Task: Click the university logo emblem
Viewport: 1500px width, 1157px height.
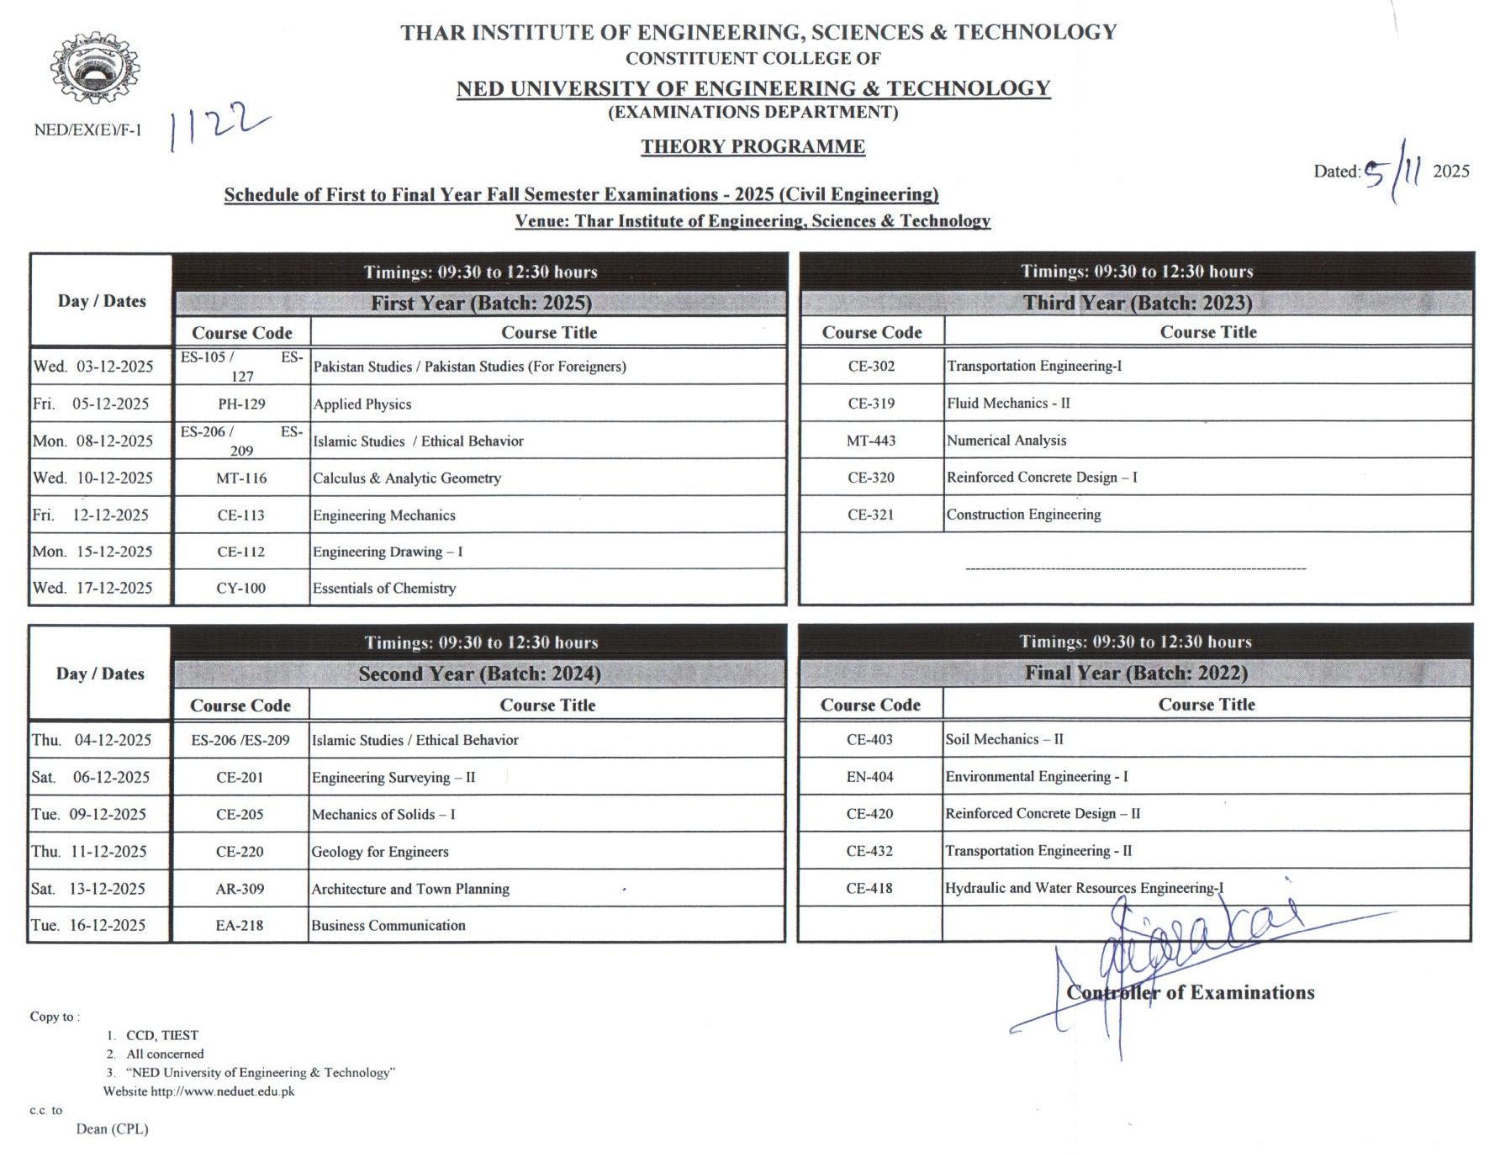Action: click(x=95, y=69)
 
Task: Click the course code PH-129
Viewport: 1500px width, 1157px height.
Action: click(x=241, y=404)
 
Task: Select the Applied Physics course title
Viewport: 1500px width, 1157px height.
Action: click(x=362, y=404)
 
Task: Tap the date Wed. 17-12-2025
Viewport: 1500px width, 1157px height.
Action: click(x=93, y=588)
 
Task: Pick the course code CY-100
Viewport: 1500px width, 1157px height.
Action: click(x=240, y=589)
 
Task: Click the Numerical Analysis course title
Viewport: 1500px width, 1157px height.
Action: click(x=1006, y=441)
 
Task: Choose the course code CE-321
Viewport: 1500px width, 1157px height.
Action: click(x=870, y=515)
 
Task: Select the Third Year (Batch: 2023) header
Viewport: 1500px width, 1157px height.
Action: click(x=1137, y=303)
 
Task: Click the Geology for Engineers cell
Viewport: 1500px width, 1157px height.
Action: click(x=380, y=852)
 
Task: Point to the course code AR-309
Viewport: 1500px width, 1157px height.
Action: click(x=240, y=889)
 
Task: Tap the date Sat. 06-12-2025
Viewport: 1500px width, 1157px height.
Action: click(x=91, y=777)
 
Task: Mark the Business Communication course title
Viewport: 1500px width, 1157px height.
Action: click(x=388, y=926)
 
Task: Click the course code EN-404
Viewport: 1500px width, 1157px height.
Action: click(x=869, y=777)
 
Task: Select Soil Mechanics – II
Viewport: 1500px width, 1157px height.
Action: click(x=1004, y=739)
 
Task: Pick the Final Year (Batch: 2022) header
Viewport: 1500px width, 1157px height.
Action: click(x=1136, y=673)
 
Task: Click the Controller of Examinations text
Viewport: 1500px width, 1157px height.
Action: click(x=1190, y=993)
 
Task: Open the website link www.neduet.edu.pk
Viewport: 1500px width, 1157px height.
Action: click(x=223, y=1091)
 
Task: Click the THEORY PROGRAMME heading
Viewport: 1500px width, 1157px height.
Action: click(x=753, y=147)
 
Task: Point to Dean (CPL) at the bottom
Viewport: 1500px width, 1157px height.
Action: click(x=112, y=1129)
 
